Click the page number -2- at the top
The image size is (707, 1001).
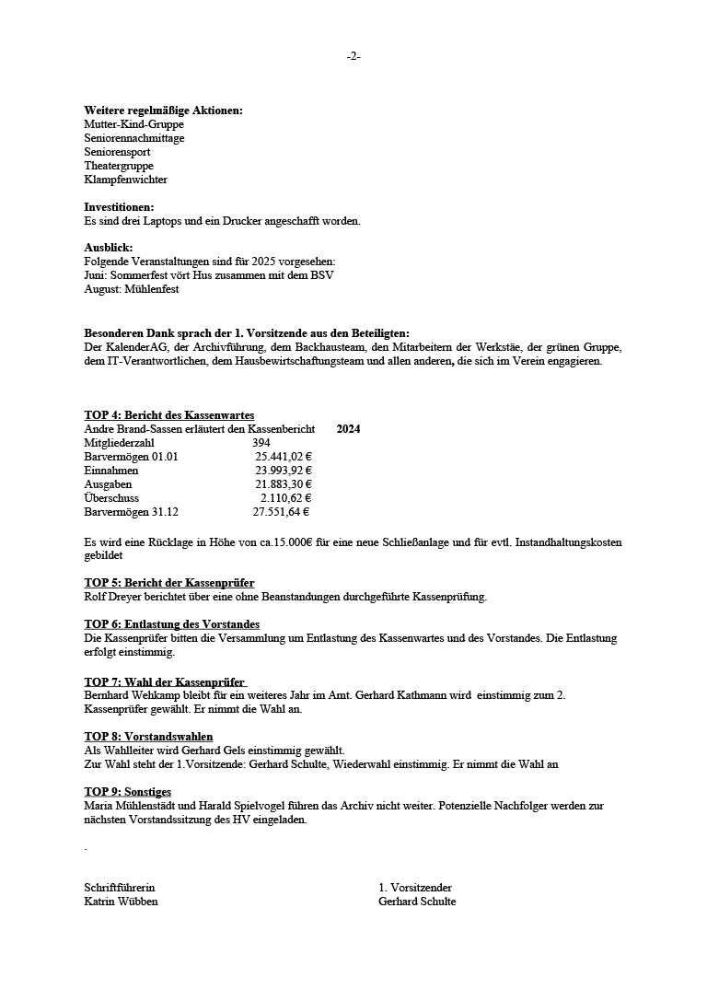[x=353, y=56]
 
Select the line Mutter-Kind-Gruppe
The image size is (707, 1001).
[x=133, y=124]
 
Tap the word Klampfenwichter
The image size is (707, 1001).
[x=125, y=180]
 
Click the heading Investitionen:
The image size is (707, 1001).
[x=119, y=207]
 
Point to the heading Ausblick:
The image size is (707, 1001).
[x=108, y=248]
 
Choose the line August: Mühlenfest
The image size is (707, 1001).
[x=131, y=289]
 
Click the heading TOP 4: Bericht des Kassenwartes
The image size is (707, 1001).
[x=169, y=415]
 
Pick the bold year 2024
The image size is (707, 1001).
[x=348, y=429]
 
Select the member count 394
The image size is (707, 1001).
[x=261, y=443]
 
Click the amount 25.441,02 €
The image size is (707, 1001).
[x=284, y=457]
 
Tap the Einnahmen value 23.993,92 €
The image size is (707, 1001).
[x=284, y=471]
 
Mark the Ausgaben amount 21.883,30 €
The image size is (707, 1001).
[x=284, y=484]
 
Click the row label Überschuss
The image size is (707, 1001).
[x=111, y=498]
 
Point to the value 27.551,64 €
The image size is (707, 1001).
[x=281, y=512]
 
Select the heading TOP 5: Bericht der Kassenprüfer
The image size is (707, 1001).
[x=169, y=583]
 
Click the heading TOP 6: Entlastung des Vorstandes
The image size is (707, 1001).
[x=171, y=624]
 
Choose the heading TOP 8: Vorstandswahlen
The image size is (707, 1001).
[x=148, y=737]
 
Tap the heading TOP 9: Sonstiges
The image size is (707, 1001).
[x=127, y=792]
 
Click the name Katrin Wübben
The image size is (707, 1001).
[x=121, y=902]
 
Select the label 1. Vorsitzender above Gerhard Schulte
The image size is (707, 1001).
[x=414, y=888]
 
